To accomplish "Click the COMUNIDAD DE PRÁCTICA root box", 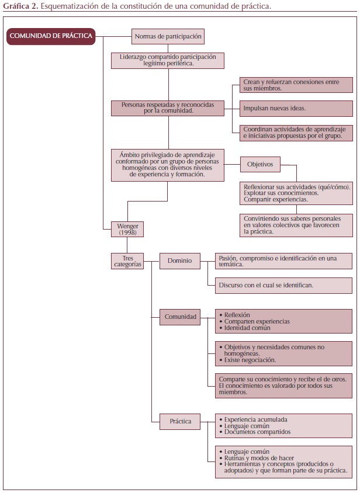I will pos(51,36).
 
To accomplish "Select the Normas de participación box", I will pos(168,36).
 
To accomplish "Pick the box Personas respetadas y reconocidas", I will pos(168,107).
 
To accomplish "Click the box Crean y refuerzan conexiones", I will pos(296,85).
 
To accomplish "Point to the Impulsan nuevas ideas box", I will pos(296,108).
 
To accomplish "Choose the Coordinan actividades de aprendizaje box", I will pos(296,133).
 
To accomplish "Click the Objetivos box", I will pos(260,164).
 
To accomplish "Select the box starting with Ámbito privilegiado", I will pos(168,165).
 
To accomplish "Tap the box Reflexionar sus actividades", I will pos(296,192).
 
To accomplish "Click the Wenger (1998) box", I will pos(127,228).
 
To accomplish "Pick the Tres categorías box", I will pos(127,261).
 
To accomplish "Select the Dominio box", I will pos(179,261).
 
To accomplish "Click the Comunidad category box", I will pos(180,317).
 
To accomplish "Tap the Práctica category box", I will pos(180,421).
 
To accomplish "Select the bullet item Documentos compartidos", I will pos(257,432).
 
